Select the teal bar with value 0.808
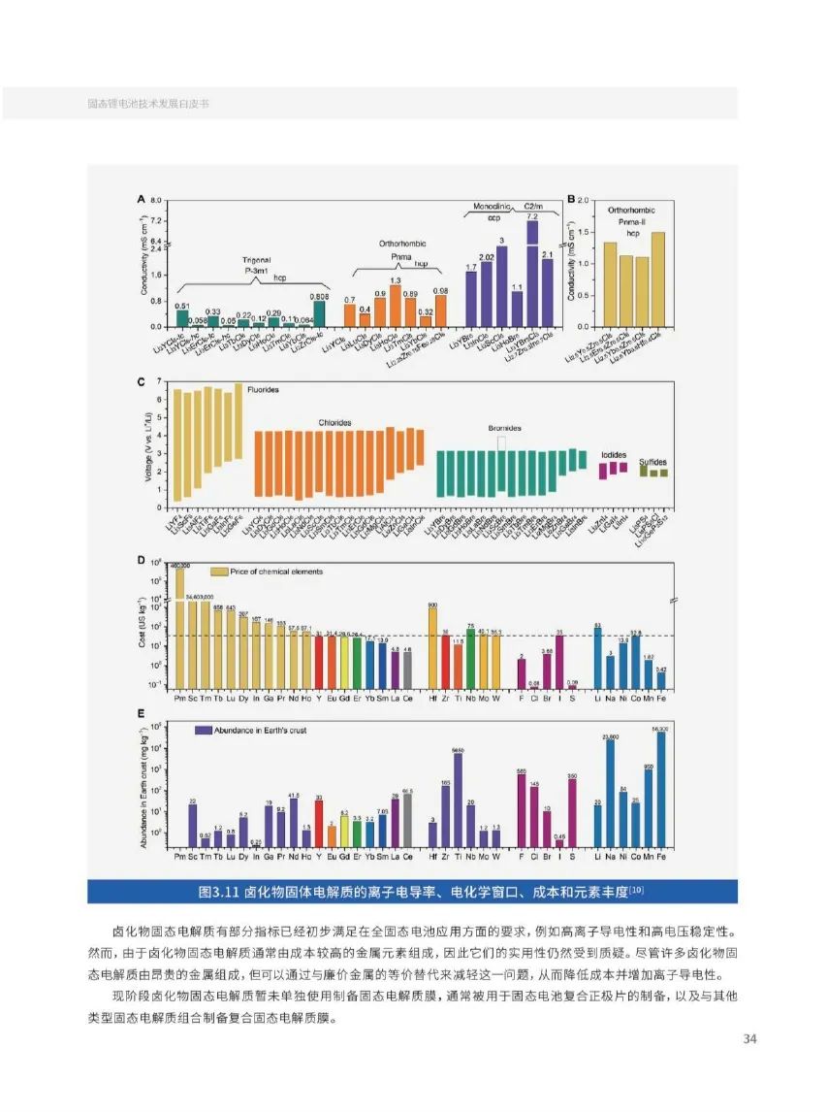tap(318, 313)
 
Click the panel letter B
tap(573, 199)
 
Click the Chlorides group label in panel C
tap(335, 422)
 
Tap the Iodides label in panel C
tap(614, 453)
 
